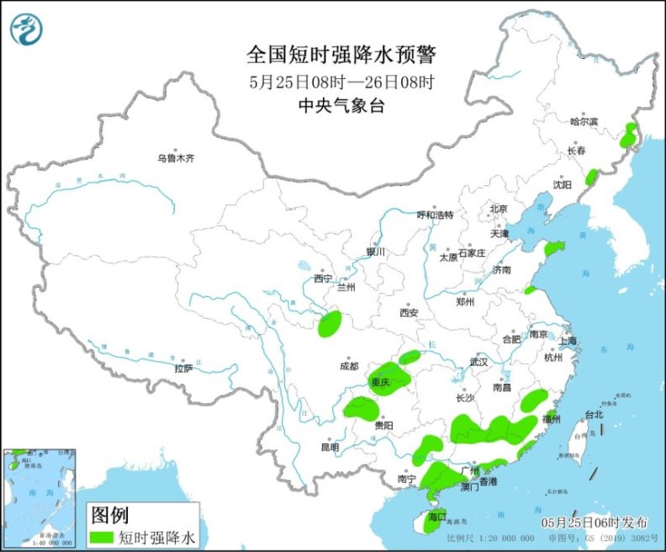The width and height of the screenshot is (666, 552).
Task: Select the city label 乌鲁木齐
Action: (176, 158)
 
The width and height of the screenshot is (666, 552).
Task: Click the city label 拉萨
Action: (183, 368)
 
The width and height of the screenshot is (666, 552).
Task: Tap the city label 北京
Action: (499, 209)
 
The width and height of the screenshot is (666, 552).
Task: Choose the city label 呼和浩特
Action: (435, 215)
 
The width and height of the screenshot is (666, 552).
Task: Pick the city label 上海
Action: (567, 341)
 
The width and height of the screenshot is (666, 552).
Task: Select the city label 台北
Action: (594, 415)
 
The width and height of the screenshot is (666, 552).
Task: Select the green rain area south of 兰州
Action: (330, 323)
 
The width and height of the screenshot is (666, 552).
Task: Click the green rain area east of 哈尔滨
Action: (628, 135)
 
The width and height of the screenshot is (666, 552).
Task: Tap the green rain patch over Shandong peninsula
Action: (555, 248)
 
